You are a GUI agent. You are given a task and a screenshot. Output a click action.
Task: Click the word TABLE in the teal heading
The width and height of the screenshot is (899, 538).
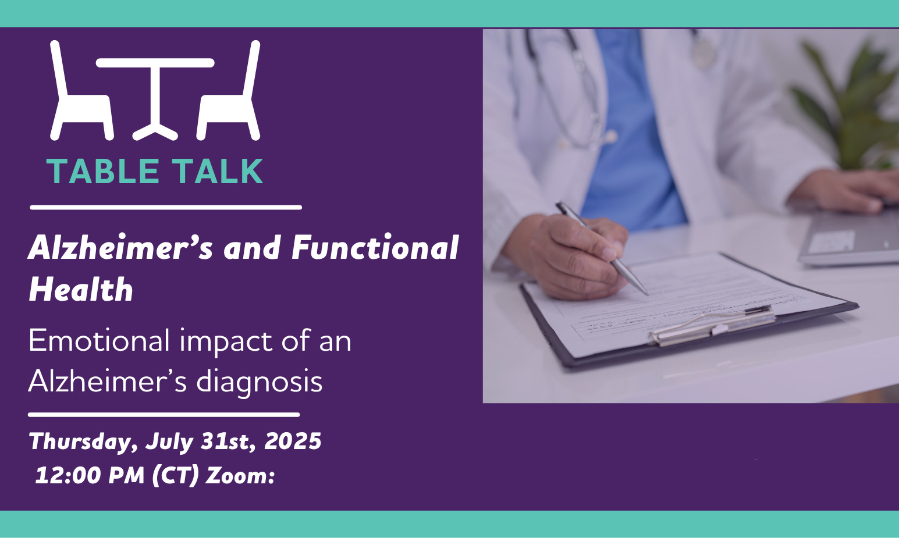coord(103,172)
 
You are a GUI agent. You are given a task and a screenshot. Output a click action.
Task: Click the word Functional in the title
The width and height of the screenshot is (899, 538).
coord(375,248)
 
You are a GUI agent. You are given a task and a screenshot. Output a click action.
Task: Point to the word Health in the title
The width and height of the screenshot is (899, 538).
coord(81,289)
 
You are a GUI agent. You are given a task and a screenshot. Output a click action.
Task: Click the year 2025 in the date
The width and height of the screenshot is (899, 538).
coord(293,441)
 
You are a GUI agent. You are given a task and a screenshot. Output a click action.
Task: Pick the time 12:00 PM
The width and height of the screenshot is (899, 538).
coord(90,475)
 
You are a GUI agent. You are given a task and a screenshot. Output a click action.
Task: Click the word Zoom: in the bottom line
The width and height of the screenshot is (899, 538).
coord(240,476)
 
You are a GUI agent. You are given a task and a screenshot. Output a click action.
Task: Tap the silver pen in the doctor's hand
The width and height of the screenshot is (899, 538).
coord(602,248)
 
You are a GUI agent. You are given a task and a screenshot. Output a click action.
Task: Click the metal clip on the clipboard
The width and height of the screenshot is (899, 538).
coord(712,325)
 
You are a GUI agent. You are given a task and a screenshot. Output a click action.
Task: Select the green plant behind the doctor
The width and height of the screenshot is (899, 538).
coord(847,104)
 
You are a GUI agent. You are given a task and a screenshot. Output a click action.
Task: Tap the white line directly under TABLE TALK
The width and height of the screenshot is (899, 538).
coord(166,208)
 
